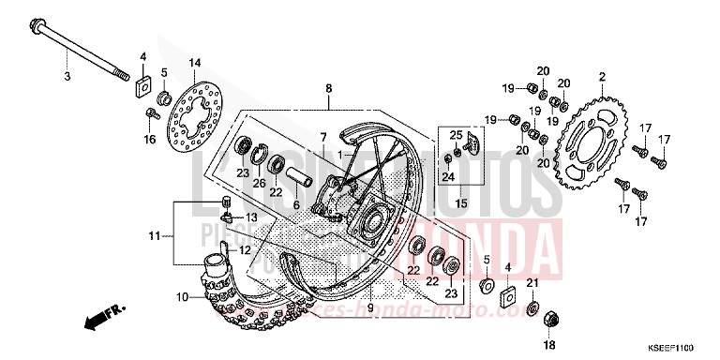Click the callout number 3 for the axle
coord(67,75)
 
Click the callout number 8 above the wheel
coord(329,89)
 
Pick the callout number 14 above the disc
coord(194,63)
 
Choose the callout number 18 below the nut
coord(549,345)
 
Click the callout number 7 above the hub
coord(322,138)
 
